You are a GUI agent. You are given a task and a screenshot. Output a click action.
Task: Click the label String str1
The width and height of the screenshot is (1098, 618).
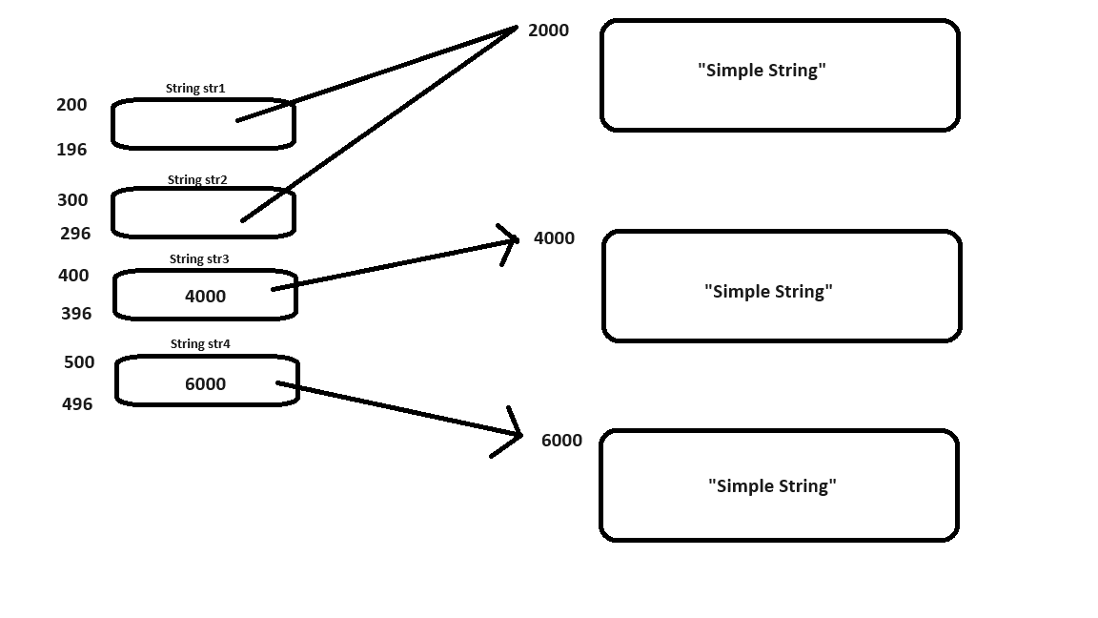[x=195, y=89]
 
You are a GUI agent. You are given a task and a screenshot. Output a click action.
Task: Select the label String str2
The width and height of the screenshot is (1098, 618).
[x=197, y=179]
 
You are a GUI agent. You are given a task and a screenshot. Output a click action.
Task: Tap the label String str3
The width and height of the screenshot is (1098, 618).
[x=199, y=258]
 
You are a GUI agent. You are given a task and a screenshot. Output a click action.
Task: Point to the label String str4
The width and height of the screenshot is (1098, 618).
[x=200, y=343]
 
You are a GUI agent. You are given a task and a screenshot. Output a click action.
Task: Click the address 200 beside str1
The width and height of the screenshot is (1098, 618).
[x=71, y=105]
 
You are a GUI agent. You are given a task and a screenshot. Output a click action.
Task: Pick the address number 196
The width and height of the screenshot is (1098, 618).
[x=71, y=150]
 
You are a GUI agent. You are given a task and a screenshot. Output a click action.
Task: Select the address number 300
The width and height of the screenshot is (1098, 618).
[x=72, y=200]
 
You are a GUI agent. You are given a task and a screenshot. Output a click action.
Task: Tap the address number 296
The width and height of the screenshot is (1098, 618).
[x=75, y=234]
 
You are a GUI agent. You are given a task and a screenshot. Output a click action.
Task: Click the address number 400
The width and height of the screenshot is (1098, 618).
[x=73, y=276]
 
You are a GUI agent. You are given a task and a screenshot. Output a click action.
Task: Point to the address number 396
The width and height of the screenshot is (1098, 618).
[x=76, y=314]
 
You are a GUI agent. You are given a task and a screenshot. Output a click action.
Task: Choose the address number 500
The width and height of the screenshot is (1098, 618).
[x=79, y=362]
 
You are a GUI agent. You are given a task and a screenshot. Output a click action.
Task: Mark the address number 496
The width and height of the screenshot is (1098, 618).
[x=77, y=404]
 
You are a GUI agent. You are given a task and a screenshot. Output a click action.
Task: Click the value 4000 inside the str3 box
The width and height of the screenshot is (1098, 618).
[x=205, y=297]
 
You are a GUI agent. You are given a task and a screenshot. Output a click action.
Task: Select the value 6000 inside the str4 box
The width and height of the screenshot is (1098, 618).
[x=205, y=384]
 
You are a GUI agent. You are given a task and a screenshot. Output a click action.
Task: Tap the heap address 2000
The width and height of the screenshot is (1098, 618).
[x=548, y=31]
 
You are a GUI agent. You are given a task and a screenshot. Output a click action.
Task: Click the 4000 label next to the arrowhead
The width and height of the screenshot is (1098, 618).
[x=554, y=238]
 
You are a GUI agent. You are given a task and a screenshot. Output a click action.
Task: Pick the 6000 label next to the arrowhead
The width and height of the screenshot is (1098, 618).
[x=561, y=441]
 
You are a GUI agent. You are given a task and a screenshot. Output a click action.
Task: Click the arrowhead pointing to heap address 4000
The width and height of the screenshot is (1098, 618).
[x=512, y=240]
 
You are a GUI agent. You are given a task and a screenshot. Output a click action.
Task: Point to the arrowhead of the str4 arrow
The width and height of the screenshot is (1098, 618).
[x=516, y=435]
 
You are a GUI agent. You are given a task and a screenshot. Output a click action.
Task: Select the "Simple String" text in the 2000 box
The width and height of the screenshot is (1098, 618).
[x=762, y=71]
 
